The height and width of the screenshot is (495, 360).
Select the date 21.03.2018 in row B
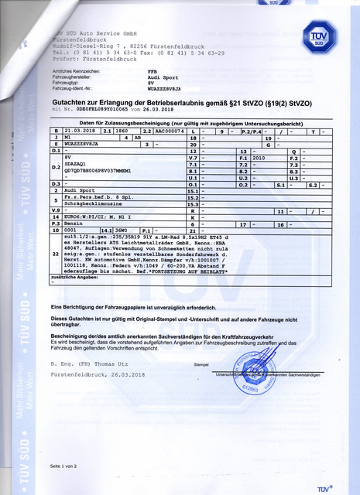[x=80, y=132]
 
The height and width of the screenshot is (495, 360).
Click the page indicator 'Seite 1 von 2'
[x=63, y=466]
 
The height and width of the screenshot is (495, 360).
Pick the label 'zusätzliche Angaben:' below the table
[x=73, y=276]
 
